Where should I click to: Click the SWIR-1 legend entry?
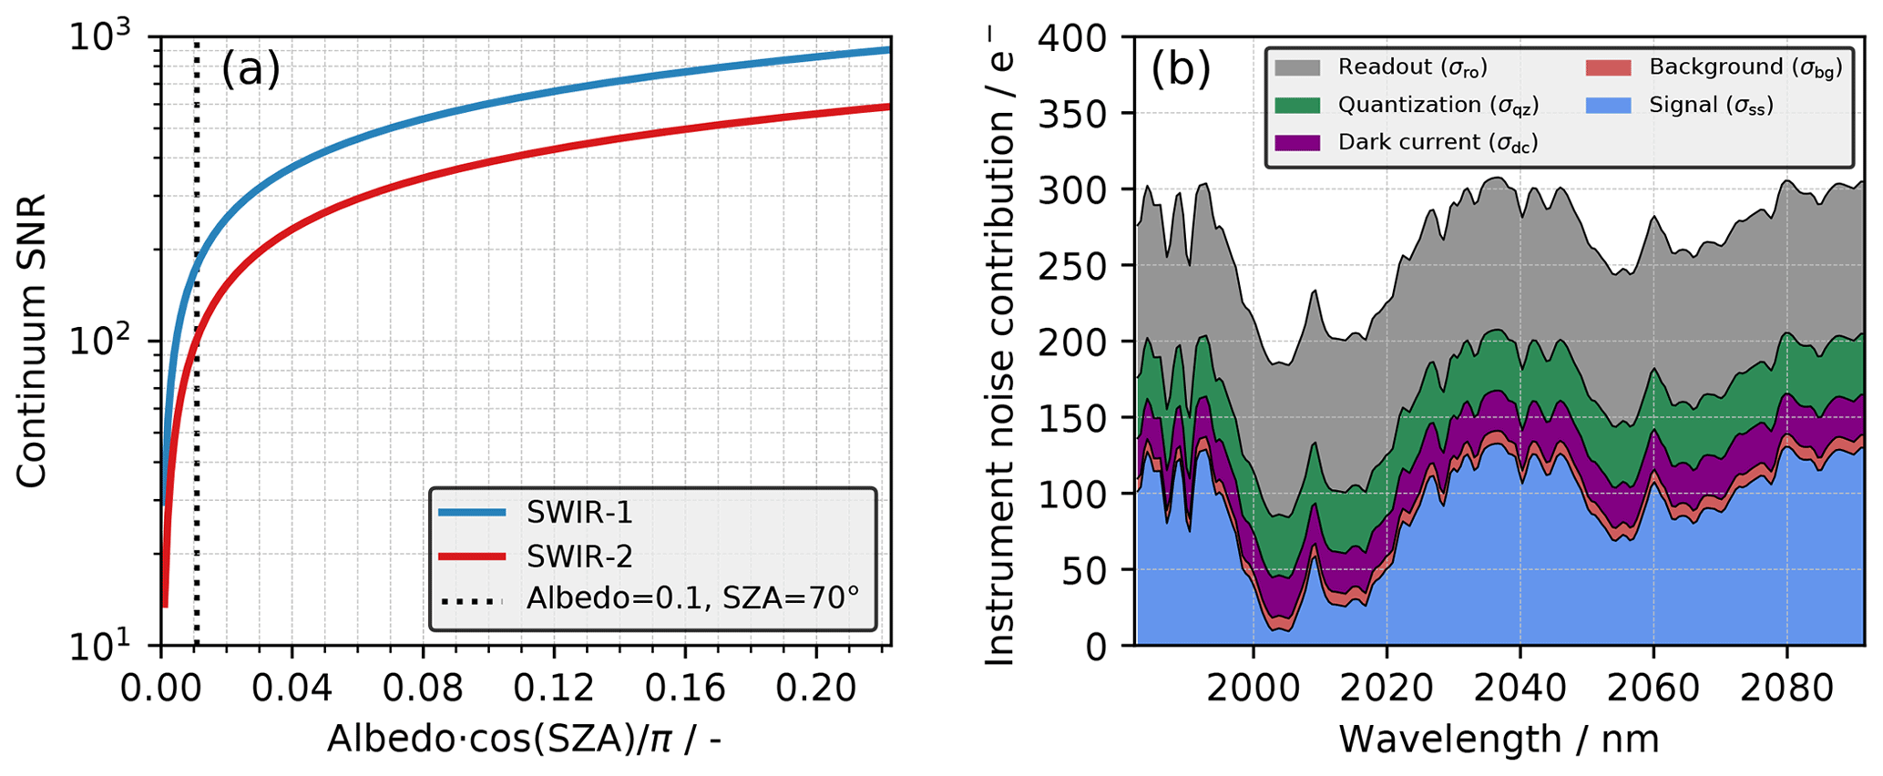tap(578, 513)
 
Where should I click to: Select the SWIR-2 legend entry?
tap(578, 556)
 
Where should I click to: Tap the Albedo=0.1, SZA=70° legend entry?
tap(692, 598)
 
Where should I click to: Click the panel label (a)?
tap(251, 70)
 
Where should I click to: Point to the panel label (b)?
tap(1181, 70)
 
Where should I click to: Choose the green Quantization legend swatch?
tap(1297, 106)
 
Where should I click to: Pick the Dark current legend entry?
tap(1438, 143)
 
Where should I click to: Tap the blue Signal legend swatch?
tap(1609, 106)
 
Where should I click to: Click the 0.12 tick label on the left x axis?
tap(554, 688)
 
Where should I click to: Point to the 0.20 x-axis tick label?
tap(815, 688)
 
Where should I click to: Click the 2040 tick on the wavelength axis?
tap(1520, 688)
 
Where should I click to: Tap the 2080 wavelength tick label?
tap(1786, 688)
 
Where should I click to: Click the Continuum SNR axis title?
tap(32, 342)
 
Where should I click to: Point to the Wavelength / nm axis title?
tap(1499, 738)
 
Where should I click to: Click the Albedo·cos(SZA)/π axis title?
tap(525, 738)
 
